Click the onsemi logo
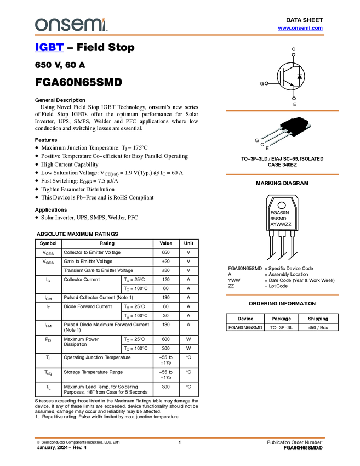(71, 25)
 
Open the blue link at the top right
(300, 28)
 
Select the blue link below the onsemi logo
(49, 48)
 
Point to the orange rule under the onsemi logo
(179, 35)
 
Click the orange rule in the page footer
(179, 437)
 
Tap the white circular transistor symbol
(290, 76)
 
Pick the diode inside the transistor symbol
(299, 76)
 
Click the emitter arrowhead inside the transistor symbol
(291, 84)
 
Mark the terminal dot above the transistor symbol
(294, 55)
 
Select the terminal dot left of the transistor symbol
(266, 84)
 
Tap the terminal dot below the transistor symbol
(294, 99)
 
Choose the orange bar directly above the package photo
(282, 111)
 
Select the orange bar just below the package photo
(282, 174)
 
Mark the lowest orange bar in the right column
(282, 295)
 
